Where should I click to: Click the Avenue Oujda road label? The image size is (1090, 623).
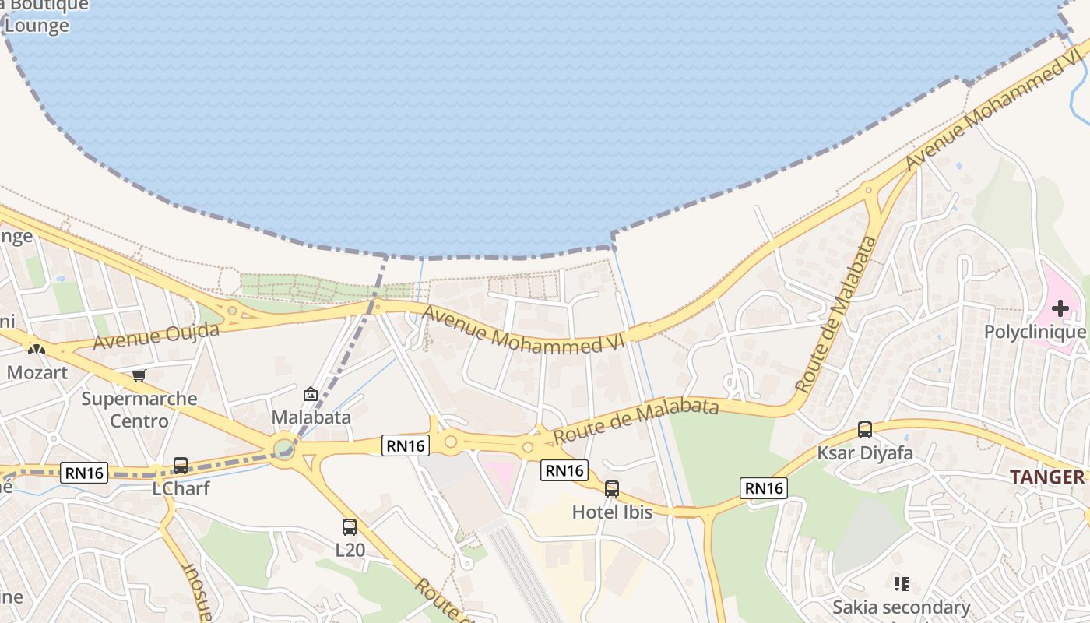pos(156,336)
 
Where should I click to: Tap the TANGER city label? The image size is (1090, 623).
pos(1046,477)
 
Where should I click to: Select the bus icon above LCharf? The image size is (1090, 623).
pos(180,466)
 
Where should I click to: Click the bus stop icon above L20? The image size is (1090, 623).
pos(350,527)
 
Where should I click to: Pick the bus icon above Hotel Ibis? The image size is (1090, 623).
pos(612,489)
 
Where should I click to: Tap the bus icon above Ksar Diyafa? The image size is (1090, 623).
pos(864,430)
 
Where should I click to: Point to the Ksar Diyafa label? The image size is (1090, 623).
pos(864,452)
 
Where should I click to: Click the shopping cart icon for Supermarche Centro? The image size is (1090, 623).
pos(139,376)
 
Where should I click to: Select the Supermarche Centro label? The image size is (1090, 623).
pos(139,410)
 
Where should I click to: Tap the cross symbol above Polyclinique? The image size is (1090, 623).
pos(1060,308)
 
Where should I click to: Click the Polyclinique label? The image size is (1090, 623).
pos(1035,332)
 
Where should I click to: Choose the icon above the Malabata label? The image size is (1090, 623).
pos(311,395)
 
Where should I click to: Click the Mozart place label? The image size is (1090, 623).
pos(37,372)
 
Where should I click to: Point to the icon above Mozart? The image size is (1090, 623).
pos(36,349)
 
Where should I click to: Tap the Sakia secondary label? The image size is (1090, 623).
pos(901,607)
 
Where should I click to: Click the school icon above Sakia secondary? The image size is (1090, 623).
pos(901,583)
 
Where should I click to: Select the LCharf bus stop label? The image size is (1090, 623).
pos(181,488)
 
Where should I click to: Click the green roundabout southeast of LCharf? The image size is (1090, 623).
pos(284,449)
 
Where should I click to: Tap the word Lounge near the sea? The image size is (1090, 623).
pos(37,26)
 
